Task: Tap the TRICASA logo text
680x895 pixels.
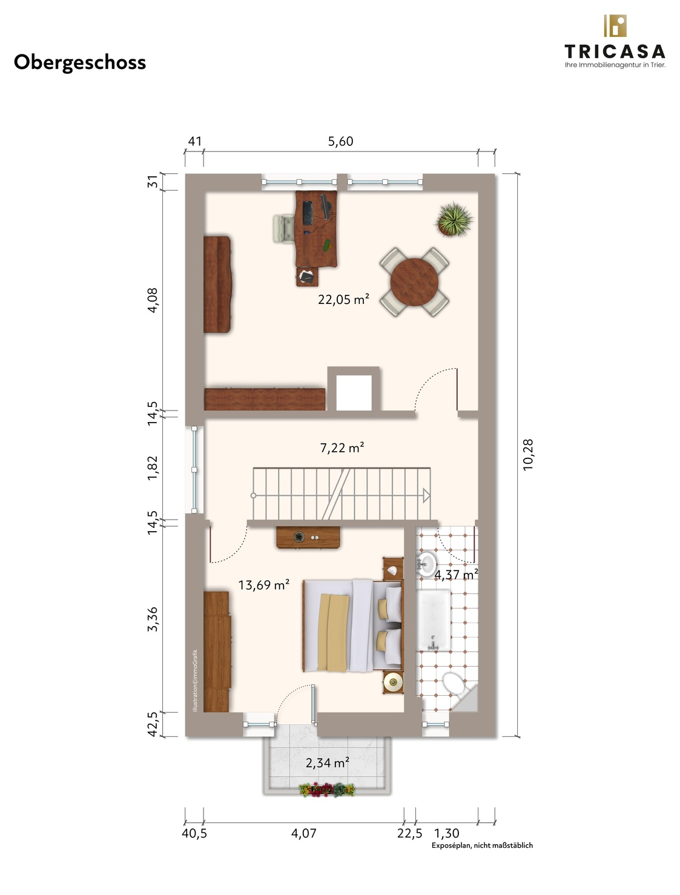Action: [615, 52]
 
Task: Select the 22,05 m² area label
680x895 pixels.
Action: [344, 299]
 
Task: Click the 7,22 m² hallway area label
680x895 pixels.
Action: [342, 447]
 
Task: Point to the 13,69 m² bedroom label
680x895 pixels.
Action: [264, 585]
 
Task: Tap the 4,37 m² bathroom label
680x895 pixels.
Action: [456, 575]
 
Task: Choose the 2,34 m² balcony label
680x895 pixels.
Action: [328, 762]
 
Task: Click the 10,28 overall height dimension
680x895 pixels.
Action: [528, 455]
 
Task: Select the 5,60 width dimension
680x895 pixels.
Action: [340, 141]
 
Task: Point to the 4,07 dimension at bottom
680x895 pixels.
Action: [304, 833]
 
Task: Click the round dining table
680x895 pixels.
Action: [414, 282]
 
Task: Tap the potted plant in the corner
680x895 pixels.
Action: [454, 220]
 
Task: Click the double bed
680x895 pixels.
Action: [352, 626]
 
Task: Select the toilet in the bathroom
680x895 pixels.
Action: [454, 683]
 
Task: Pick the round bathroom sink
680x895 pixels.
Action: [426, 563]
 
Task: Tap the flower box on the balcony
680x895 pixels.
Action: [327, 790]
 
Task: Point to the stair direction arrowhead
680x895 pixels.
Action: [426, 495]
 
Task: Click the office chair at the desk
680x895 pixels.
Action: [284, 228]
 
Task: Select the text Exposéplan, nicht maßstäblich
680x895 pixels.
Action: [482, 845]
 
